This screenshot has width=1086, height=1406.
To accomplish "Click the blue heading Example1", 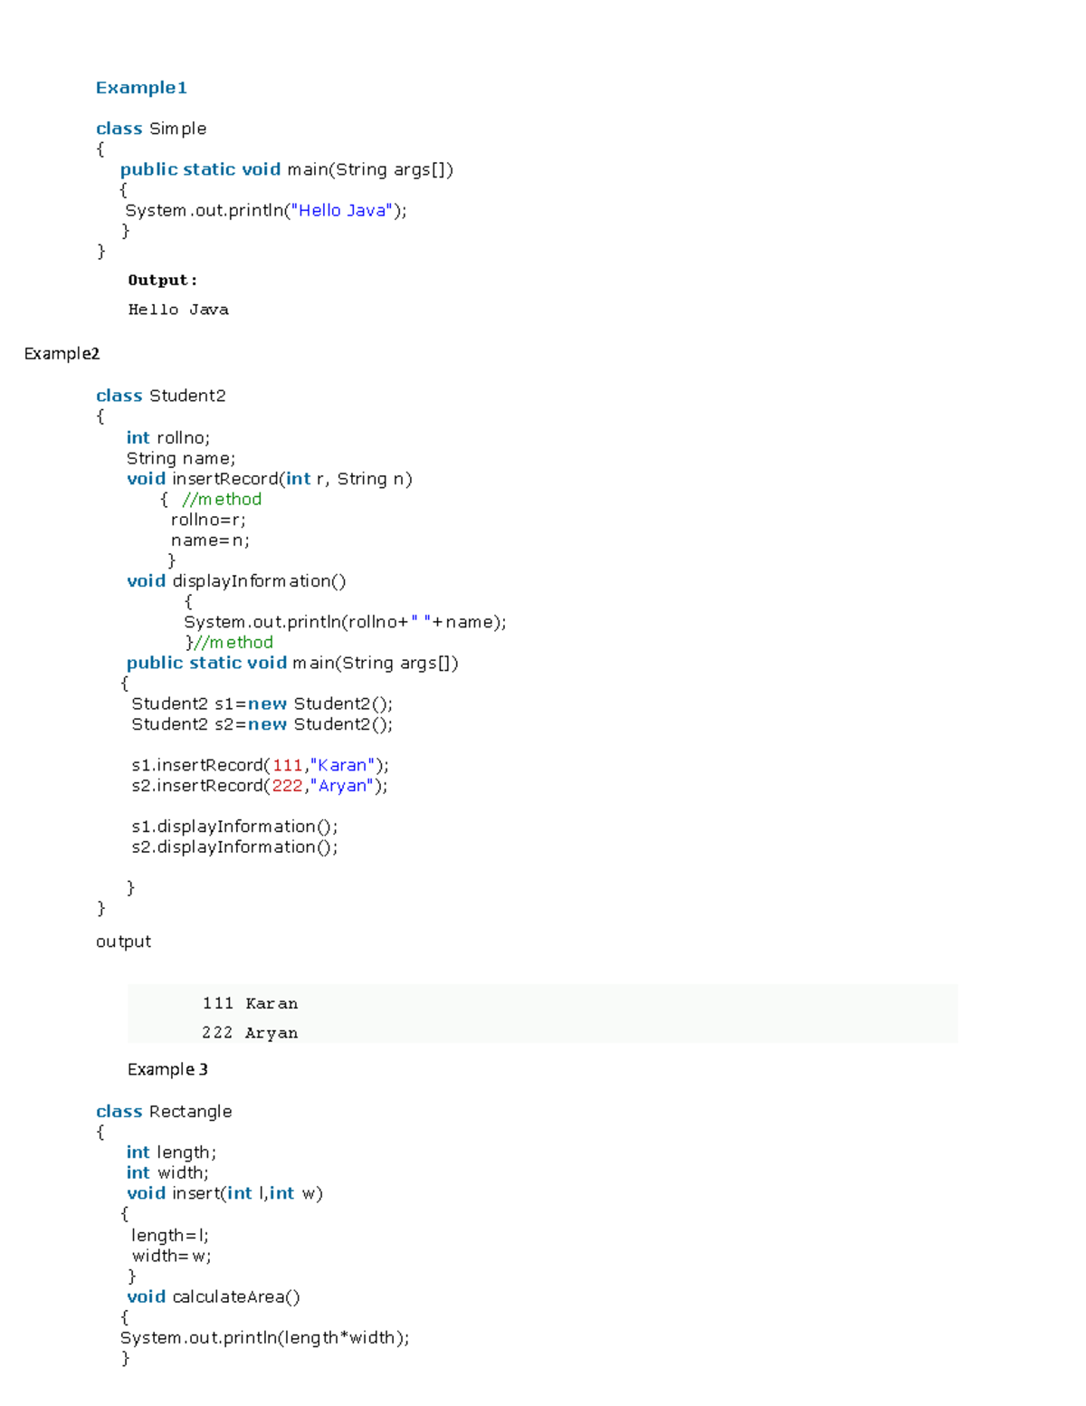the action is pos(141,88).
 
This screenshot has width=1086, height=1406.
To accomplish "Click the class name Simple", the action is pos(177,129).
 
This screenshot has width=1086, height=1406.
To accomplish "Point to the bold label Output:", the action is pos(162,281).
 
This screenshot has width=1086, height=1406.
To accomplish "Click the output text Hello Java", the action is pos(178,310).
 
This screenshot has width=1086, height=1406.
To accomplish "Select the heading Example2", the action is pos(62,353).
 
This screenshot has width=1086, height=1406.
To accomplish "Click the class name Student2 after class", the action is pos(187,396).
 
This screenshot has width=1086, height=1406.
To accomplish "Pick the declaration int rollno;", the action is pos(168,438).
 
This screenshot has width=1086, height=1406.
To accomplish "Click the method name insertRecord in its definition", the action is pos(225,479).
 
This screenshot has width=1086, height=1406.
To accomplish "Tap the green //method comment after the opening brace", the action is pos(222,499).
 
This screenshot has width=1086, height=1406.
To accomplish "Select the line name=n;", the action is pos(210,540).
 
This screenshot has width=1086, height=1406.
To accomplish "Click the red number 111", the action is pos(287,765).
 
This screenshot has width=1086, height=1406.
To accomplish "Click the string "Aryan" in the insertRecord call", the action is pos(342,786).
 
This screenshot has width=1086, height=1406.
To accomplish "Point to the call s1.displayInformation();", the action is pos(234,827).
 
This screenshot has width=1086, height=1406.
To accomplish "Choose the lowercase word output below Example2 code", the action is pos(123,942).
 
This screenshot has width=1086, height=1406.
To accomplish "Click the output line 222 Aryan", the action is pos(250,1033).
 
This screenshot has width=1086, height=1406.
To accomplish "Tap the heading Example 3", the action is pos(167,1069).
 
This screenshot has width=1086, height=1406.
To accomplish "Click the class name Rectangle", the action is pos(190,1112).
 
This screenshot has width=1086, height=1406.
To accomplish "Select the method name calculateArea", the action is pos(228,1296).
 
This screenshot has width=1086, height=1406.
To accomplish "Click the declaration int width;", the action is pos(167,1172).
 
